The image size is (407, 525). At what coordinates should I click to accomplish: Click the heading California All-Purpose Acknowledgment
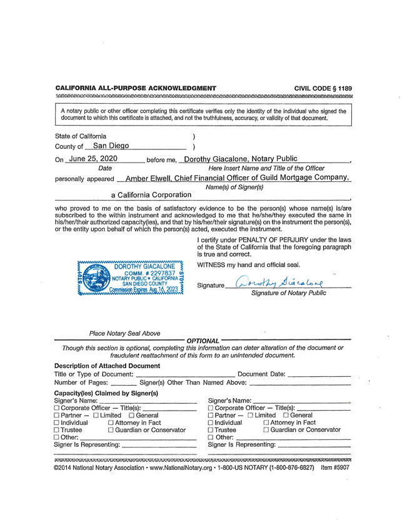136,88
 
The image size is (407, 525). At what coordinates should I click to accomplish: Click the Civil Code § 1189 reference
323,88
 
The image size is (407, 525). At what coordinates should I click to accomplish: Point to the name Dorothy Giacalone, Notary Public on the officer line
241,159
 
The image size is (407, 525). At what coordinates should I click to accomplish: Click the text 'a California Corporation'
151,195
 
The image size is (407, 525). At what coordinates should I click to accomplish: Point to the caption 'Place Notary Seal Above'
124,334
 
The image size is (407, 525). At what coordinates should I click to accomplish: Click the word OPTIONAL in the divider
203,341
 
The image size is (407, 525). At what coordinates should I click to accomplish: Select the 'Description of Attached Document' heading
107,366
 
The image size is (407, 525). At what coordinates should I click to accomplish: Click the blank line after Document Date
320,376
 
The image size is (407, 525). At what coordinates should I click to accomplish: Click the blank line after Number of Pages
123,384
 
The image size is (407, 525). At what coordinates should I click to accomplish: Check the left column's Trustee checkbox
58,431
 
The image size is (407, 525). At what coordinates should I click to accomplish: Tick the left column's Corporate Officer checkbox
58,408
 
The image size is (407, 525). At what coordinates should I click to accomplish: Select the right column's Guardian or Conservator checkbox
266,431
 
